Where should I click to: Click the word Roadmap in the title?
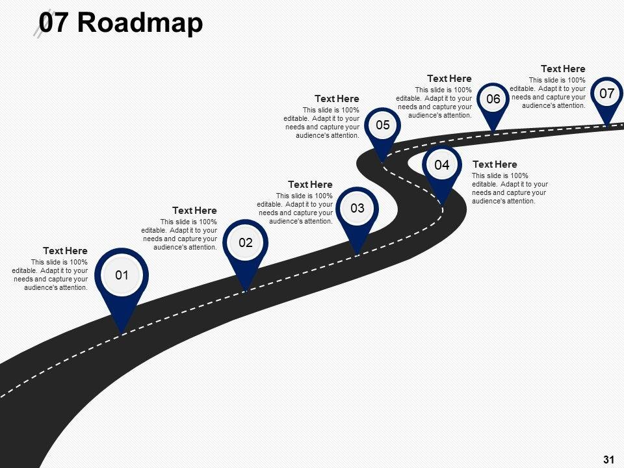[140, 23]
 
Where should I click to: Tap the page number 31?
[609, 460]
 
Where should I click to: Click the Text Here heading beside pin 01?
[65, 251]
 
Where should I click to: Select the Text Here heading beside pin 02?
[194, 211]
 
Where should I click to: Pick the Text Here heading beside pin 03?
[310, 185]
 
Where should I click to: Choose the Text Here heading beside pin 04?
[495, 164]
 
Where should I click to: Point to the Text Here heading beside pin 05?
[337, 99]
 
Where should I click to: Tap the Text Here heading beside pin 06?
[449, 79]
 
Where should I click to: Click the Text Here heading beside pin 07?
[563, 69]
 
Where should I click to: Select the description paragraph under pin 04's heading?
[510, 188]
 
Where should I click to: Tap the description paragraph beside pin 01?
[50, 275]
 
